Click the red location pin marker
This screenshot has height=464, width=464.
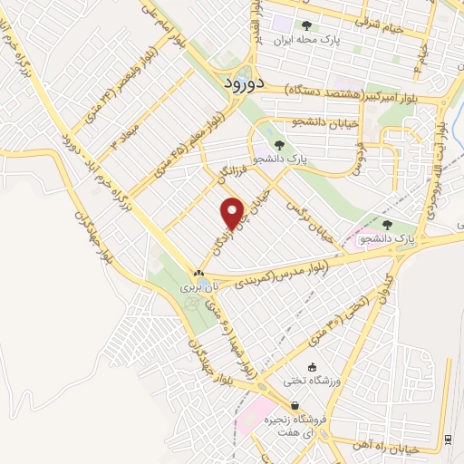233,212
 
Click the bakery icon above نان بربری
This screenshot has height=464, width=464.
199,272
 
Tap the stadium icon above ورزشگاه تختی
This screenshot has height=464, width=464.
314,367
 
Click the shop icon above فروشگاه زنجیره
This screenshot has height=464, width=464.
295,405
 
